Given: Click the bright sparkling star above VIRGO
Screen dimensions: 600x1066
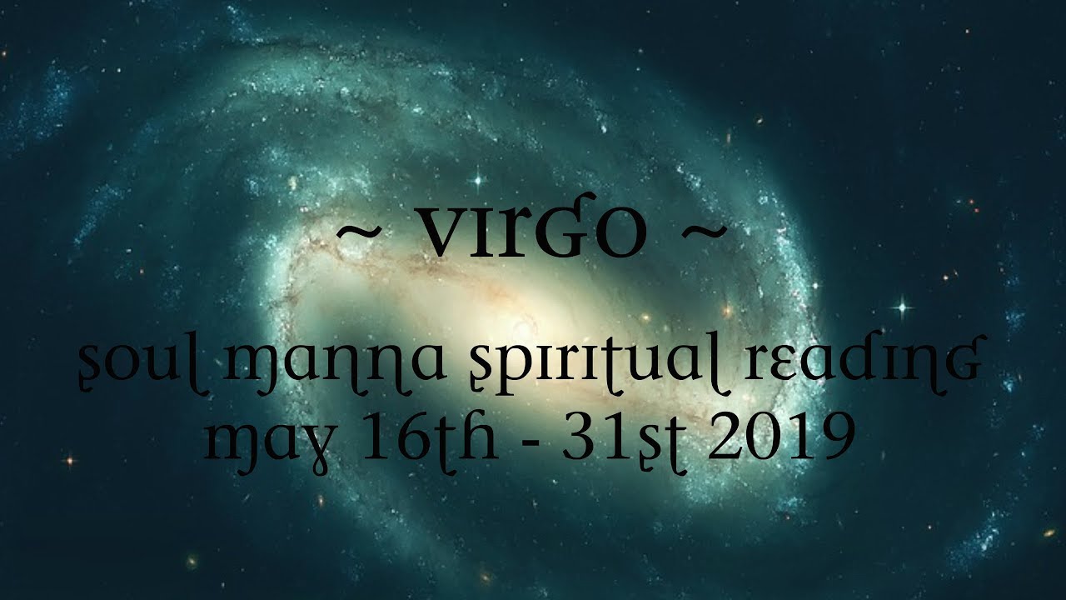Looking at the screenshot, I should pos(478,178).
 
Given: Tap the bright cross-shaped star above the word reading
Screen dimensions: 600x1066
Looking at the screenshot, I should pos(901,308).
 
